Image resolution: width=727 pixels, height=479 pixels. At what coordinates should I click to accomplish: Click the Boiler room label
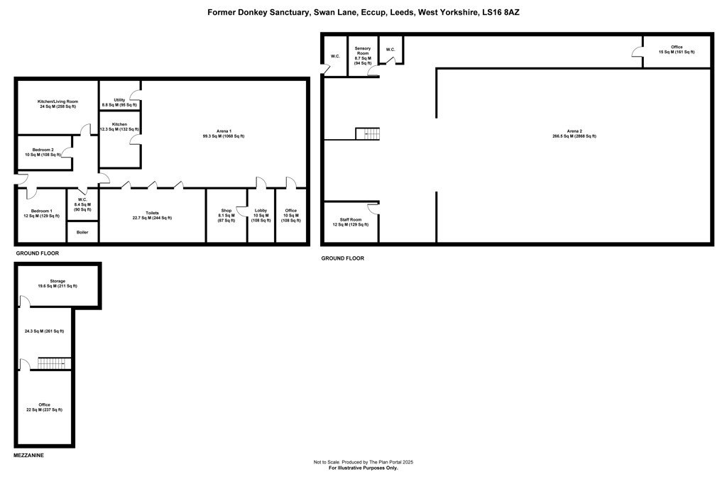pyautogui.click(x=82, y=233)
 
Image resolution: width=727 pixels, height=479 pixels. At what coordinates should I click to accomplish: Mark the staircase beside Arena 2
pyautogui.click(x=368, y=133)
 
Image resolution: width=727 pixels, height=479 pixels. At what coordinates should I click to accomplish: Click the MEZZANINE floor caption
pyautogui.click(x=28, y=456)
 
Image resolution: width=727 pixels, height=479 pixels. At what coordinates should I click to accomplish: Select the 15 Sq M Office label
pyautogui.click(x=677, y=50)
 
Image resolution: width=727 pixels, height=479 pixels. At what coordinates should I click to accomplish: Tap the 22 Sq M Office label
pyautogui.click(x=45, y=407)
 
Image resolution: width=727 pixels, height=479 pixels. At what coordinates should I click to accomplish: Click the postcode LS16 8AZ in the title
pyautogui.click(x=501, y=13)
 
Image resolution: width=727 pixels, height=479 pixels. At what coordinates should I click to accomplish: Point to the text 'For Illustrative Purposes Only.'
pyautogui.click(x=363, y=468)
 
